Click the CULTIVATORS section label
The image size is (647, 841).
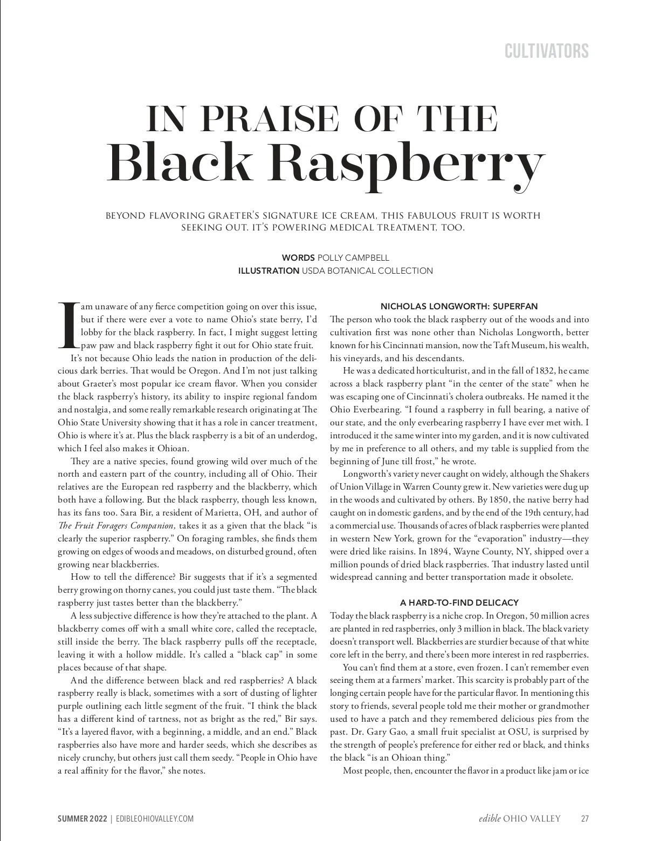pos(546,51)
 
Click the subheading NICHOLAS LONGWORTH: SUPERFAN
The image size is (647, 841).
pos(459,307)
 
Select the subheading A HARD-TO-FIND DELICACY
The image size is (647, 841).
pos(459,602)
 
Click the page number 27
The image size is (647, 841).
pos(584,819)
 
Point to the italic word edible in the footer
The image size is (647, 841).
pos(490,819)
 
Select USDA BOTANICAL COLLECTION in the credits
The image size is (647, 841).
pos(367,271)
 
